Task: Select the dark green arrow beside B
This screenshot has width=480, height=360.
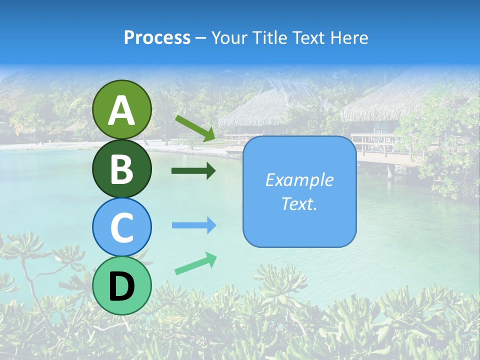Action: (193, 171)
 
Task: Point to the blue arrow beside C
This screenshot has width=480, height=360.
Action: (193, 225)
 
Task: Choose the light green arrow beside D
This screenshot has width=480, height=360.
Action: (195, 263)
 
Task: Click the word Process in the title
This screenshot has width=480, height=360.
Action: (157, 38)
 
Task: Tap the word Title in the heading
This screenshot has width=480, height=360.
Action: (270, 38)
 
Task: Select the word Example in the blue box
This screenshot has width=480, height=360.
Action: (299, 180)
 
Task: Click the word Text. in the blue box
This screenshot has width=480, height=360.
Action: (299, 203)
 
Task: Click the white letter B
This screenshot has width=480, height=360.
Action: (122, 169)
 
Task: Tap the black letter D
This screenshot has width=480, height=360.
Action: (122, 286)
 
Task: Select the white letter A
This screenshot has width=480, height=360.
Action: (122, 110)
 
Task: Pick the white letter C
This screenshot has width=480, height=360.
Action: (122, 227)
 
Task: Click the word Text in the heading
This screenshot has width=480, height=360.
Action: (310, 38)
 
